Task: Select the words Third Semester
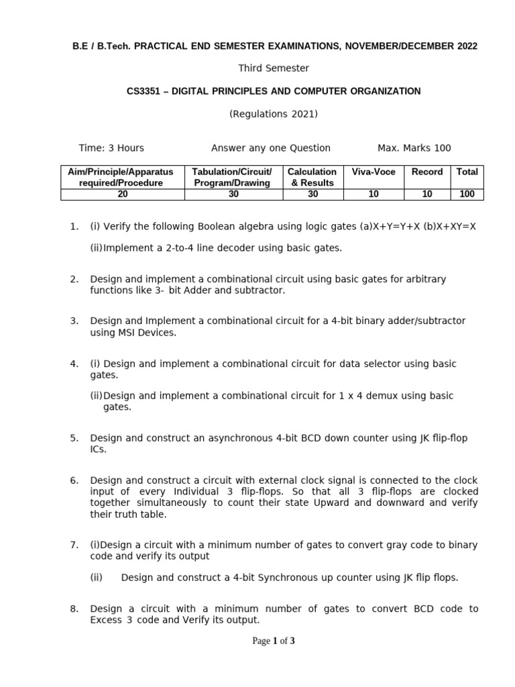[274, 68]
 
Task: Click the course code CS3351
[144, 91]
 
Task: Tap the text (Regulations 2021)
[274, 114]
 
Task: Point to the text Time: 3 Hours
[111, 148]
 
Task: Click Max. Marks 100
[414, 148]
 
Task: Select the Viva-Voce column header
[374, 172]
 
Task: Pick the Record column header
[427, 172]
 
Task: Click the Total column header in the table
[467, 172]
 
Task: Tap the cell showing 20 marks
[123, 194]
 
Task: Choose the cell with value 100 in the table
[467, 194]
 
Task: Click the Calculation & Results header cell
[312, 177]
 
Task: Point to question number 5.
[74, 438]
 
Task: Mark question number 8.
[74, 609]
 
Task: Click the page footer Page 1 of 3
[274, 641]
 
